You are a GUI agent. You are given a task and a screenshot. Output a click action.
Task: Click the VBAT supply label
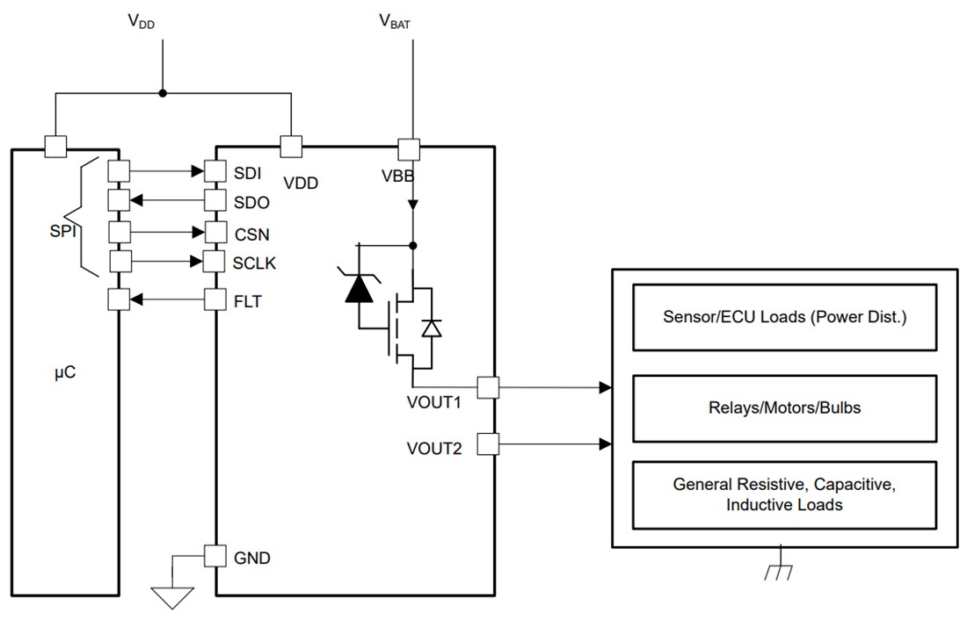pos(394,22)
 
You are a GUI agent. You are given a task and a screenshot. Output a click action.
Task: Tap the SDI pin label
pos(248,170)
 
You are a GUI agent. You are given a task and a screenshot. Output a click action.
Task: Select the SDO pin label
pos(252,202)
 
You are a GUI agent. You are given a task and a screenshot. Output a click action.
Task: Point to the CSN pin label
pos(251,234)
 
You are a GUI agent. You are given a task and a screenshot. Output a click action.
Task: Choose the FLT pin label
pos(248,301)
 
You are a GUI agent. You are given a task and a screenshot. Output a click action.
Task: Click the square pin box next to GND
pos(215,556)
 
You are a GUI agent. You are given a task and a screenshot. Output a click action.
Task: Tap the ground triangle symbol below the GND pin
pos(172,597)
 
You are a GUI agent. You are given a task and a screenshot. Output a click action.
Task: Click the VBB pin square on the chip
pos(409,148)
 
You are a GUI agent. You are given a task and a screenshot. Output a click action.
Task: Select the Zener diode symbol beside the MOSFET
pos(357,289)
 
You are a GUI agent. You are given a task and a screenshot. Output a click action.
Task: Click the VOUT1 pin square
pos(488,386)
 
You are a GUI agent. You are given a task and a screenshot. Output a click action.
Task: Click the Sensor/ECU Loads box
pos(784,316)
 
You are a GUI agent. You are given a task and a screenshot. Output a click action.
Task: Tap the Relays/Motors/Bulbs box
pos(784,408)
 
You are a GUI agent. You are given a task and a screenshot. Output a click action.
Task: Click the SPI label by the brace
pos(63,234)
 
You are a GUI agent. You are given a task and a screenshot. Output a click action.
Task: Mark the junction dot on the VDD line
pos(162,93)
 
